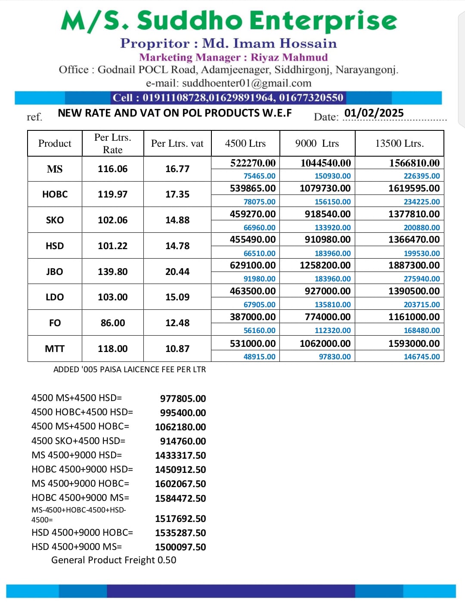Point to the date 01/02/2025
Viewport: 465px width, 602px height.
tap(374, 113)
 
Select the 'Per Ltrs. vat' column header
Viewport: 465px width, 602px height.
tap(177, 143)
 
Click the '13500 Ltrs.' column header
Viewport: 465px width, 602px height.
tap(399, 143)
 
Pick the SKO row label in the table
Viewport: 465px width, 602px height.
tap(55, 220)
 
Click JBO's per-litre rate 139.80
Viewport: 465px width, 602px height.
tap(112, 272)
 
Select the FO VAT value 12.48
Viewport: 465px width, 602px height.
tap(177, 323)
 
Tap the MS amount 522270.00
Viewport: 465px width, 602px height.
tap(253, 163)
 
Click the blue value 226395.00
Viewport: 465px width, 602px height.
tap(422, 176)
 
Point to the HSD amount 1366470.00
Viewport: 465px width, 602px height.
tap(414, 240)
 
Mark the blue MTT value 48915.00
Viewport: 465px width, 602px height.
tap(259, 357)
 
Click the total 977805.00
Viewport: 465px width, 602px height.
tap(183, 398)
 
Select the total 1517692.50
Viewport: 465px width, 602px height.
tap(180, 519)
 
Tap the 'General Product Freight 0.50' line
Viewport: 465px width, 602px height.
tap(114, 560)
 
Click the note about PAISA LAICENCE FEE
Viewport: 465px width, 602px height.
tap(129, 369)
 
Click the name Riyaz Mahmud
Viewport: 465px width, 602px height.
tap(289, 57)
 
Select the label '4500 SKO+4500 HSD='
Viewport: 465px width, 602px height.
tap(78, 441)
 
